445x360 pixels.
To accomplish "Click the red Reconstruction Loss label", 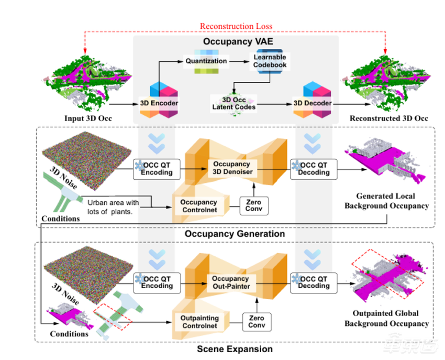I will [x=236, y=26].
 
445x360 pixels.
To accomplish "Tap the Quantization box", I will [x=206, y=61].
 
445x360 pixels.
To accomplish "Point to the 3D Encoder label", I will [x=159, y=103].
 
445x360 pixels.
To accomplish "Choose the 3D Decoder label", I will [x=313, y=103].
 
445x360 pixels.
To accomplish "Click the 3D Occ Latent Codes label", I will [x=233, y=103].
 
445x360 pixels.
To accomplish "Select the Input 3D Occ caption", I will [x=88, y=118].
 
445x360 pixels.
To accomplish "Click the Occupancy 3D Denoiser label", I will [x=232, y=168].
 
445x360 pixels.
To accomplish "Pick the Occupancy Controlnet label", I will [x=198, y=206].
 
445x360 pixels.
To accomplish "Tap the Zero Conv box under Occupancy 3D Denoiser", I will [x=253, y=205].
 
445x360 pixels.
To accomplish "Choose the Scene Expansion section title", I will [x=235, y=348].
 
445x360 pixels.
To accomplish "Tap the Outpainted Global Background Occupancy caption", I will [x=386, y=318].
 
